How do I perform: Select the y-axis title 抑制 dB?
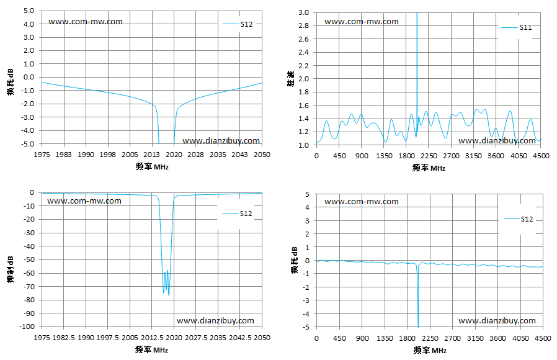11,269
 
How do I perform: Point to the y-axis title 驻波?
291,79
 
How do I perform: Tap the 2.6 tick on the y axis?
304,39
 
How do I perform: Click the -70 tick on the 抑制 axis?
29,286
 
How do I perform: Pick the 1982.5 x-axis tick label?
64,338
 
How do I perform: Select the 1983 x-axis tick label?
64,155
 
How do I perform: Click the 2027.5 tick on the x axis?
195,338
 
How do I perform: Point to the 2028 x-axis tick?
196,155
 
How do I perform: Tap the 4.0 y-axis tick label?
29,24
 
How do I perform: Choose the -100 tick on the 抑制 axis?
28,326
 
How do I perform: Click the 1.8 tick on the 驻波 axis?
304,92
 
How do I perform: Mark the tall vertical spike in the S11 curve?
417,71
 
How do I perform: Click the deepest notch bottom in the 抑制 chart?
169,295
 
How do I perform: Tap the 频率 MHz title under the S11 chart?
429,168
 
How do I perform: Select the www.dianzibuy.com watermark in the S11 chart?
497,141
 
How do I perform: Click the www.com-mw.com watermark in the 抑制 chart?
84,201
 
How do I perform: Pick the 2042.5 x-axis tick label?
240,338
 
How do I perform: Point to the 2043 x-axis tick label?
240,155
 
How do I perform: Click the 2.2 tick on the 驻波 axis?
304,66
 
